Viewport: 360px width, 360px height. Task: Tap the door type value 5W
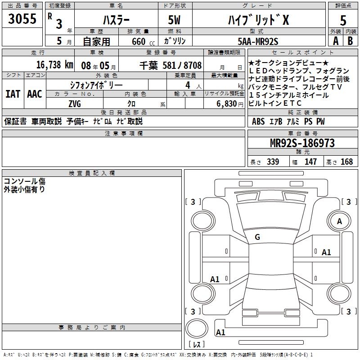(x=175, y=20)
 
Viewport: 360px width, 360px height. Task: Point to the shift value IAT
(x=12, y=94)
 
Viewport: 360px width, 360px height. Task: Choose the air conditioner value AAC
(x=34, y=94)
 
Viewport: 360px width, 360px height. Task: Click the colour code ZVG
(x=74, y=103)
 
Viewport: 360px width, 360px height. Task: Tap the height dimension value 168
(x=346, y=162)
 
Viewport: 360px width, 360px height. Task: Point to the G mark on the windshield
(x=257, y=237)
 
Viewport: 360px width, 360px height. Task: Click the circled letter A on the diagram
(x=340, y=221)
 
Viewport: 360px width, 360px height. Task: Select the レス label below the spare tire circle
(x=196, y=345)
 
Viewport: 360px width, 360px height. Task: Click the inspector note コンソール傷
(x=25, y=181)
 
